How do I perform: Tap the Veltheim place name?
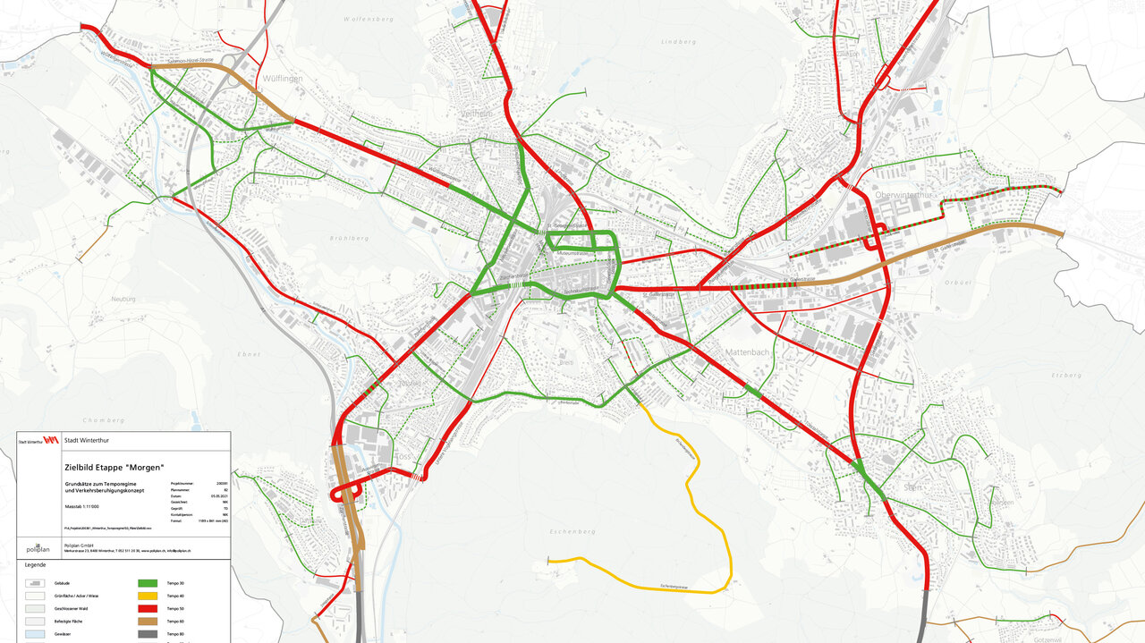pyautogui.click(x=477, y=114)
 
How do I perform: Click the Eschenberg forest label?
pyautogui.click(x=572, y=531)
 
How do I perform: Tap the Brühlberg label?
pyautogui.click(x=349, y=239)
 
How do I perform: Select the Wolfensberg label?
pyautogui.click(x=369, y=18)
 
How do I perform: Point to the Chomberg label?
pyautogui.click(x=103, y=419)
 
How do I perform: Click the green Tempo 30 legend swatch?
pyautogui.click(x=147, y=583)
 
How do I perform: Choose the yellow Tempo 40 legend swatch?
pyautogui.click(x=147, y=596)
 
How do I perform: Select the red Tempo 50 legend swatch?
pyautogui.click(x=147, y=608)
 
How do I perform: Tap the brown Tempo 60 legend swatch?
pyautogui.click(x=147, y=621)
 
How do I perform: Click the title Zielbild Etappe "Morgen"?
pyautogui.click(x=114, y=467)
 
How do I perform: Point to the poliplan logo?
pyautogui.click(x=38, y=548)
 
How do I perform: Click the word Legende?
pyautogui.click(x=35, y=565)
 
